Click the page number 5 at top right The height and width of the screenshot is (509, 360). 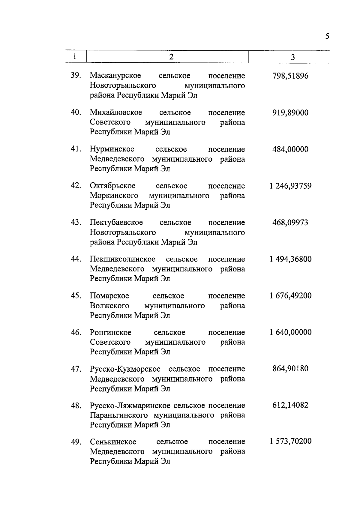pos(327,37)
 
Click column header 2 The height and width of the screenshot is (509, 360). pos(171,57)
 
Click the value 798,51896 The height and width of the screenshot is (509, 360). pos(290,76)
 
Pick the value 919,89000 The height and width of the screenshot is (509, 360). pos(290,113)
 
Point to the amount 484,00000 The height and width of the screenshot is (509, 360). pos(290,149)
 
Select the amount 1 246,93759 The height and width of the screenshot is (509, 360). pos(290,186)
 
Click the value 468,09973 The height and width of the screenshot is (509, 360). pos(290,223)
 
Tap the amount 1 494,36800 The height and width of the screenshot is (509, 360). pos(290,259)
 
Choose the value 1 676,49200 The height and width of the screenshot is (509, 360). pos(290,296)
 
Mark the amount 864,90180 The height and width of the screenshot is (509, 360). pos(290,369)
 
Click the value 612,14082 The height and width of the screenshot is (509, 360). pos(290,406)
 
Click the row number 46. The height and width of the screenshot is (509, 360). pos(76,333)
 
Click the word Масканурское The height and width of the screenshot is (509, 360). pos(115,76)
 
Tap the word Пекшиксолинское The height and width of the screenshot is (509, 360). pos(123,259)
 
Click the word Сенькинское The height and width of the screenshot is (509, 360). pos(113,442)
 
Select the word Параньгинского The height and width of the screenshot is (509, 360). pos(119,415)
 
